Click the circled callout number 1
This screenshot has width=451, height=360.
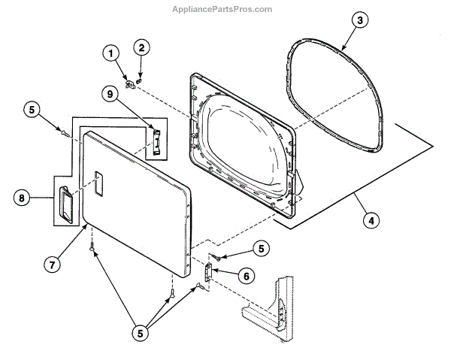110,53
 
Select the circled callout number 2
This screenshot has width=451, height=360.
141,47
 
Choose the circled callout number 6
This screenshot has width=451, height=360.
244,276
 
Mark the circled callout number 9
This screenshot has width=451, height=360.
110,95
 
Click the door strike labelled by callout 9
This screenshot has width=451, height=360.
157,140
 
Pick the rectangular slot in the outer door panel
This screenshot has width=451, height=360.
96,180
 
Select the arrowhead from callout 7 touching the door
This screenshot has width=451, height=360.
86,227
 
